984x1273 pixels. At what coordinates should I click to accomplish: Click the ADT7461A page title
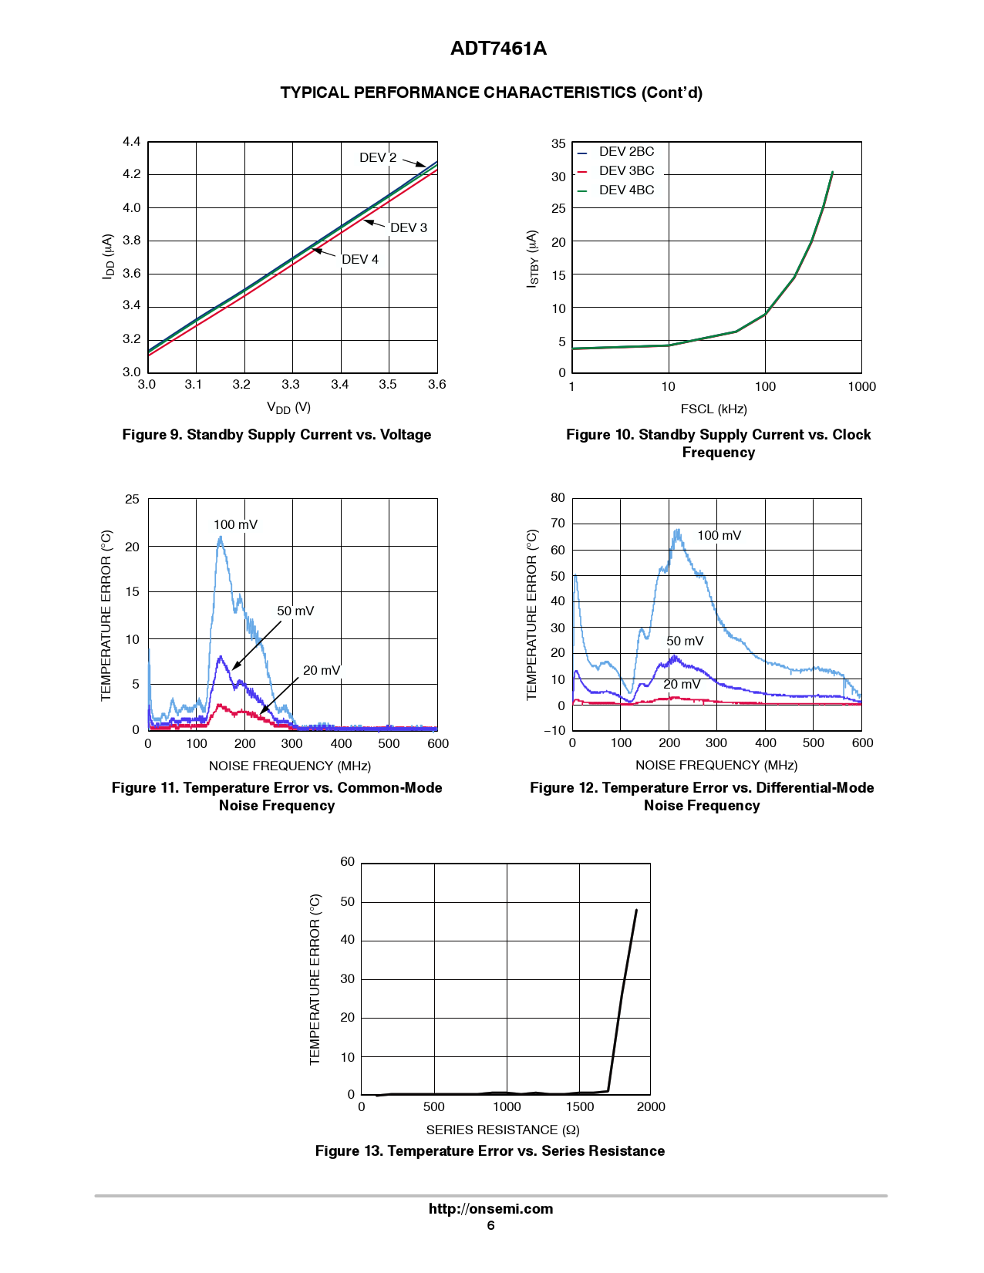tap(498, 49)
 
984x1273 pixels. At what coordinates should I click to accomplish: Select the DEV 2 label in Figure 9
tap(378, 158)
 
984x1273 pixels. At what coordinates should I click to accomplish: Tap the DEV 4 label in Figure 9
tap(360, 260)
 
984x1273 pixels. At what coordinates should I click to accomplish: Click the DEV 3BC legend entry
tap(625, 171)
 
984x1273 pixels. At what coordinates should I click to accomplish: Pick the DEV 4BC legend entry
tap(625, 190)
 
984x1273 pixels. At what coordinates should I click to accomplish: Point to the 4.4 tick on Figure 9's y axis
tap(132, 142)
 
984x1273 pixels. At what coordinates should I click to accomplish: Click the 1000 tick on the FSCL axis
tap(861, 387)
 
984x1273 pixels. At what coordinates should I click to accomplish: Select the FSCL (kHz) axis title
tap(713, 409)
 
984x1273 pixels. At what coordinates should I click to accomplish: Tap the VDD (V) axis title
tap(288, 408)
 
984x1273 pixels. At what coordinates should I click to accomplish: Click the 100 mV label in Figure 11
tap(235, 525)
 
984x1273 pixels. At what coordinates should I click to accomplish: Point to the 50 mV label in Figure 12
tap(685, 642)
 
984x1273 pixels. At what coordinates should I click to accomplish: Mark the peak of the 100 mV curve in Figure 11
tap(220, 537)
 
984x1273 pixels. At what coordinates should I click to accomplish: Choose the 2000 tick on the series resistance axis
tap(651, 1107)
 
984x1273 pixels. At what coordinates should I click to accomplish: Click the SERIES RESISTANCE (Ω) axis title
tap(503, 1130)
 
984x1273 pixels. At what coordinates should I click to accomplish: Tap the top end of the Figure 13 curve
tap(636, 911)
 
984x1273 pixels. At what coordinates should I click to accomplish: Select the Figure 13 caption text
tap(490, 1151)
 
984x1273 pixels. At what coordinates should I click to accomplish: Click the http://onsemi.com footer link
tap(491, 1209)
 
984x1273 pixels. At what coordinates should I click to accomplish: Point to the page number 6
tap(490, 1226)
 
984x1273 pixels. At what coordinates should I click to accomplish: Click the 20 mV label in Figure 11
tap(321, 671)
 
